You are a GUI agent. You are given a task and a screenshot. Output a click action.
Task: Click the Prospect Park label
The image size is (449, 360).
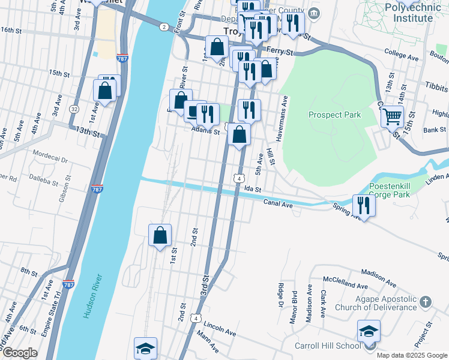coord(334,115)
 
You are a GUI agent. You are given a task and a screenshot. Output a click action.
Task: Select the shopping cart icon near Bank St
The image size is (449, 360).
coord(392,116)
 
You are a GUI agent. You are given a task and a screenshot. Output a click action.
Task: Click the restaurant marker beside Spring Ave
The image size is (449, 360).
coord(363,205)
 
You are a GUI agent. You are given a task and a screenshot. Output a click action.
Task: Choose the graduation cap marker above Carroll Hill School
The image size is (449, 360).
coord(369,331)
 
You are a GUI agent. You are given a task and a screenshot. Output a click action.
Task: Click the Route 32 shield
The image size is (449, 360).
coord(74,109)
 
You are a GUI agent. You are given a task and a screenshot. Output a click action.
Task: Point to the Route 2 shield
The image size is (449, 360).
coord(164,27)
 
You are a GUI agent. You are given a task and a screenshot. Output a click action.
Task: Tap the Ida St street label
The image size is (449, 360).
coord(253,189)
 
